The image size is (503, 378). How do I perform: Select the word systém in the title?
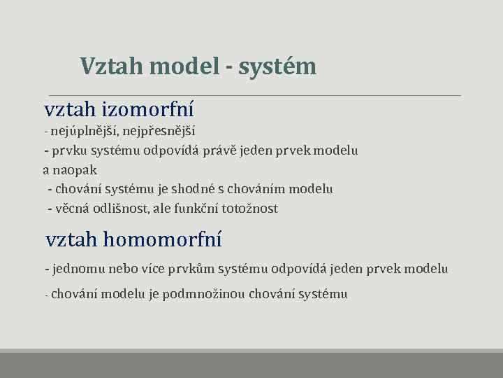(277, 66)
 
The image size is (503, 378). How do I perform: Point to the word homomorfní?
(162, 240)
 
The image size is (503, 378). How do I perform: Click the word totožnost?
(250, 209)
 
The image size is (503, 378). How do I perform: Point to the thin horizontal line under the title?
(254, 95)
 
